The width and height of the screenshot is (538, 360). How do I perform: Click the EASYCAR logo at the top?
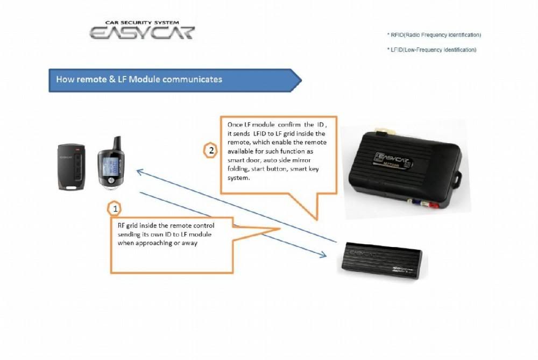click(x=142, y=32)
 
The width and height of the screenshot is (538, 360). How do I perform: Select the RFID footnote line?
click(x=434, y=35)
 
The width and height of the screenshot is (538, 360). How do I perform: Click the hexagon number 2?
click(x=210, y=151)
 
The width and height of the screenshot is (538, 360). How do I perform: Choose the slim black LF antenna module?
click(x=382, y=260)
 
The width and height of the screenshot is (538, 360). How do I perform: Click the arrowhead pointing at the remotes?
click(x=139, y=172)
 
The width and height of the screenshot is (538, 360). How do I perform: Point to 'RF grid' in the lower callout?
click(x=127, y=225)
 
